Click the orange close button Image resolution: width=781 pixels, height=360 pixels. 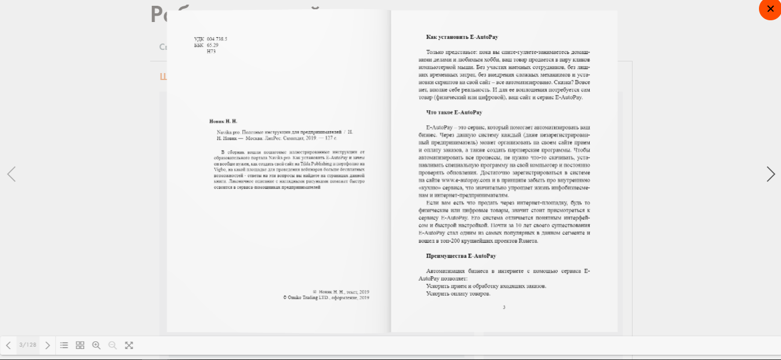(x=770, y=9)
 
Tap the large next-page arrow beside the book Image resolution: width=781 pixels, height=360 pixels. (x=771, y=174)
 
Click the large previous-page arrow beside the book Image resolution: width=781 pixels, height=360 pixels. (x=11, y=174)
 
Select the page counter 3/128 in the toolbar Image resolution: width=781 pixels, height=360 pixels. (x=28, y=345)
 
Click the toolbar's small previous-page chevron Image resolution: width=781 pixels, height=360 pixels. (x=8, y=345)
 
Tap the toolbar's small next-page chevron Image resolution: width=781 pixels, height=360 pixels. (x=48, y=345)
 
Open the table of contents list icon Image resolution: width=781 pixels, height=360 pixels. (x=64, y=345)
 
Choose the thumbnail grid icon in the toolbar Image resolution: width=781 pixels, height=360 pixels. (x=80, y=345)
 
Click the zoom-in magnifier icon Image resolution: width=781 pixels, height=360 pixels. (x=96, y=345)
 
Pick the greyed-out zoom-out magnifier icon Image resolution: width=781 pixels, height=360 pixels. (x=112, y=345)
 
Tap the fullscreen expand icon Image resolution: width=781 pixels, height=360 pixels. (x=129, y=345)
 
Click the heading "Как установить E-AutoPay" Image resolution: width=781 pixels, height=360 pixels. (x=462, y=37)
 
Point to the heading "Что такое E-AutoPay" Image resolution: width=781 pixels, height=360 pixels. (x=454, y=112)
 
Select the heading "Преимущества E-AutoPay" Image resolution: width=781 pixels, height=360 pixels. (x=461, y=256)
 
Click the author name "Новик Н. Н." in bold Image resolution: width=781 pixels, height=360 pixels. (x=223, y=121)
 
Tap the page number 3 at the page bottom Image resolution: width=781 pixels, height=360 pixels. (x=504, y=307)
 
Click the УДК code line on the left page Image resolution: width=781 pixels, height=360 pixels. (x=210, y=39)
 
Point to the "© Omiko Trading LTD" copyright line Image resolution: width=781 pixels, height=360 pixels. (x=326, y=298)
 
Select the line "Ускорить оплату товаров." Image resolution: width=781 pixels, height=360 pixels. (x=458, y=293)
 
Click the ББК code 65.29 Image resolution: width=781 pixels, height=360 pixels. (x=212, y=45)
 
